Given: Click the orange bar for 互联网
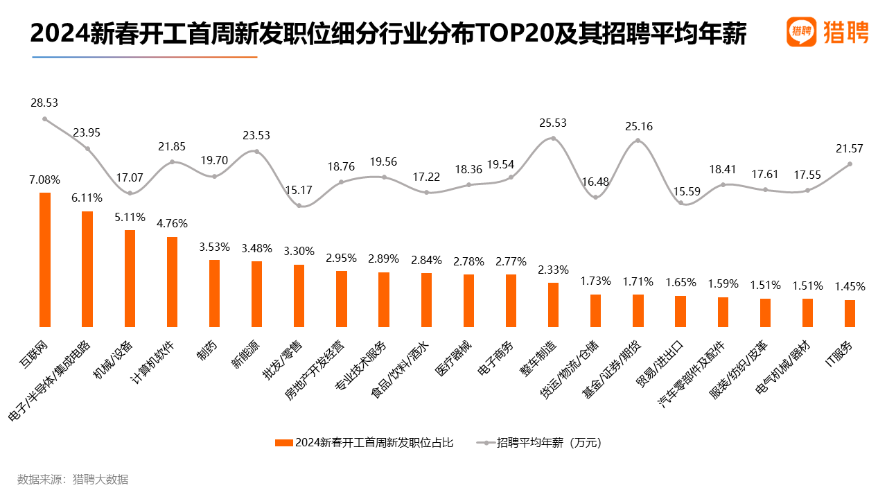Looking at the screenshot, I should [45, 259].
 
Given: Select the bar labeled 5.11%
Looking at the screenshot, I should [130, 278].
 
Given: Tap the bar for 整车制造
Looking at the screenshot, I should [553, 304].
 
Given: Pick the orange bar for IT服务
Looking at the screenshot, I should [850, 313].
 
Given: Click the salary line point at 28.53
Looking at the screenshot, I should [45, 119].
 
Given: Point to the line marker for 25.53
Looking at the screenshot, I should [553, 138].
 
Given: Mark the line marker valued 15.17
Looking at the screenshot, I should [299, 205].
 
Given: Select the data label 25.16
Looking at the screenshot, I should [638, 126].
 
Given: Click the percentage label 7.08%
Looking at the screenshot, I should [45, 180].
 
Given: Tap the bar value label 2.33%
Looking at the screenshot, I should [553, 270].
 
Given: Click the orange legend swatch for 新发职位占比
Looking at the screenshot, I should [284, 443].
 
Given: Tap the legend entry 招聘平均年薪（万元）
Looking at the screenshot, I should [547, 443].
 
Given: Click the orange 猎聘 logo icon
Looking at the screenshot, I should [801, 32].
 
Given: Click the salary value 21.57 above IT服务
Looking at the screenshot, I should [850, 151].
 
